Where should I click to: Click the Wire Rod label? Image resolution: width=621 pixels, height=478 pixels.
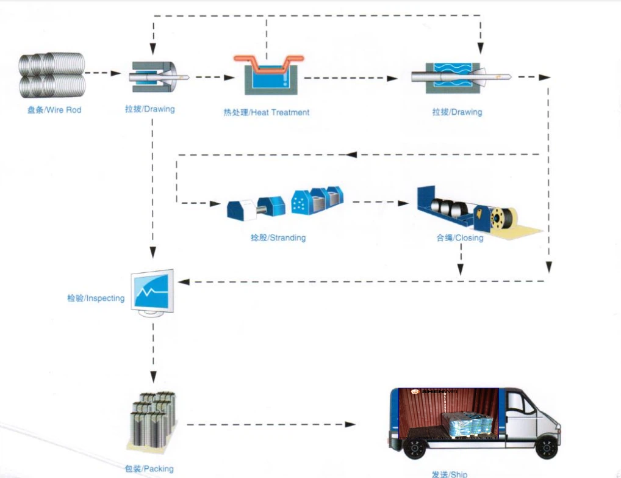(54, 110)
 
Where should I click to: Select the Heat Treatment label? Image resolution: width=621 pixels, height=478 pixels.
(266, 112)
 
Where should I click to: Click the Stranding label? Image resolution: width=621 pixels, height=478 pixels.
(273, 237)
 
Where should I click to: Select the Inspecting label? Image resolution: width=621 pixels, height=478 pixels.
(96, 299)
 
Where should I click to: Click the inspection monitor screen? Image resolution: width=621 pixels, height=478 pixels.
(153, 289)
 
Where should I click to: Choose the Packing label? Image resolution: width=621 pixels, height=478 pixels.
(149, 469)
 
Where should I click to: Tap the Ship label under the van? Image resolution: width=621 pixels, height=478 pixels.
(449, 474)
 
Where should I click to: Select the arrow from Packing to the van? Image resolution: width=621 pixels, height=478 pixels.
(271, 424)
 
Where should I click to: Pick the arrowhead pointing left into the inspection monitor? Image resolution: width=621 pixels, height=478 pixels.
(181, 282)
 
